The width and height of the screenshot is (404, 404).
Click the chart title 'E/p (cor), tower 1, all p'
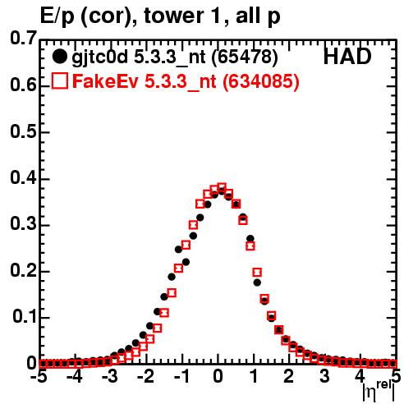pos(160,16)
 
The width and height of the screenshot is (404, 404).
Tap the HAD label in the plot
pos(347,57)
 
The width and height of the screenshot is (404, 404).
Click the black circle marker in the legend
pos(59,57)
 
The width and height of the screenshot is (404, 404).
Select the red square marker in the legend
pos(59,80)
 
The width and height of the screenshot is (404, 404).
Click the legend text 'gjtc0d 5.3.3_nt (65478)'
pos(175,57)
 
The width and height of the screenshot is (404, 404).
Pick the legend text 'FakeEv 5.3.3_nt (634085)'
pos(186,81)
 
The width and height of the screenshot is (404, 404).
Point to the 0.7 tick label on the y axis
pos(23,38)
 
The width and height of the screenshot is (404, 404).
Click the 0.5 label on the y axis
pos(23,131)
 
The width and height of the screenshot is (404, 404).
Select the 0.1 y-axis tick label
pos(24,316)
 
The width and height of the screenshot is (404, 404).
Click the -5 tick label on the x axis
pos(41,376)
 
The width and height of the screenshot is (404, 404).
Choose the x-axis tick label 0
pos(218,376)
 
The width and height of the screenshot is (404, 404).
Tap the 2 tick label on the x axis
pos(289,376)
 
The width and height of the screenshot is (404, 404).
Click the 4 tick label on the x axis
pos(360,376)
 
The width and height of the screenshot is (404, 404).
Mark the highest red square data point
pos(222,187)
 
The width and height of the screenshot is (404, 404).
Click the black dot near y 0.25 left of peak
pos(178,250)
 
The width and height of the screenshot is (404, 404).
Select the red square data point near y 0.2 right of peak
pos(257,272)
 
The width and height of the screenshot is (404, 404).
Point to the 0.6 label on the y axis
pos(23,85)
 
